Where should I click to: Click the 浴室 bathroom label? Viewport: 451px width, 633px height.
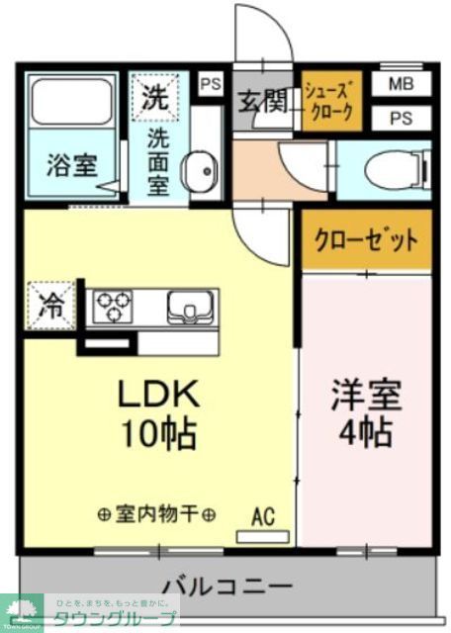[71, 165]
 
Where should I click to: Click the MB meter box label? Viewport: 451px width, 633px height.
[401, 84]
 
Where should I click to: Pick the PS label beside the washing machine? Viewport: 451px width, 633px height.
[211, 84]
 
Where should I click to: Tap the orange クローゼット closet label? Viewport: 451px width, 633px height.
[366, 239]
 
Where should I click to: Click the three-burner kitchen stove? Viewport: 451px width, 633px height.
[115, 307]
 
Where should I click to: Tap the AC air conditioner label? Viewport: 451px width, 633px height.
[262, 516]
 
